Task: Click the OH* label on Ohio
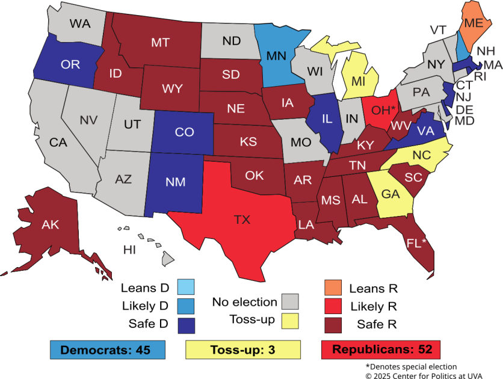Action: [x=383, y=111]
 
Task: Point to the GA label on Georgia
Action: [x=391, y=194]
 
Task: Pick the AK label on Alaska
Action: [x=50, y=225]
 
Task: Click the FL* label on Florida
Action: [x=416, y=242]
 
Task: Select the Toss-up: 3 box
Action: [x=242, y=349]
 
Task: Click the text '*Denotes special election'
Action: [x=411, y=366]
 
